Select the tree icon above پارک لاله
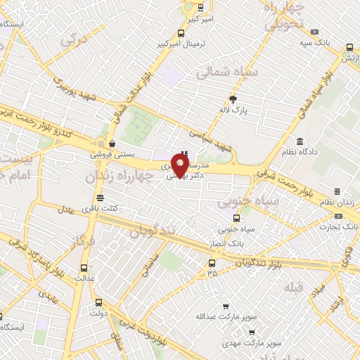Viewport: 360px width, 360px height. pyautogui.click(x=234, y=99)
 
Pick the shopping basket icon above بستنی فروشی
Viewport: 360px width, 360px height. pyautogui.click(x=112, y=143)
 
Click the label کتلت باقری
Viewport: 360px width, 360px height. pyautogui.click(x=120, y=207)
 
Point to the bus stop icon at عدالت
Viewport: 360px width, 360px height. pyautogui.click(x=84, y=268)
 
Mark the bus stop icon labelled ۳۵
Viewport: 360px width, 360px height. pyautogui.click(x=212, y=262)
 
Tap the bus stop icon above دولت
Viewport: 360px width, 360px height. pyautogui.click(x=98, y=302)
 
